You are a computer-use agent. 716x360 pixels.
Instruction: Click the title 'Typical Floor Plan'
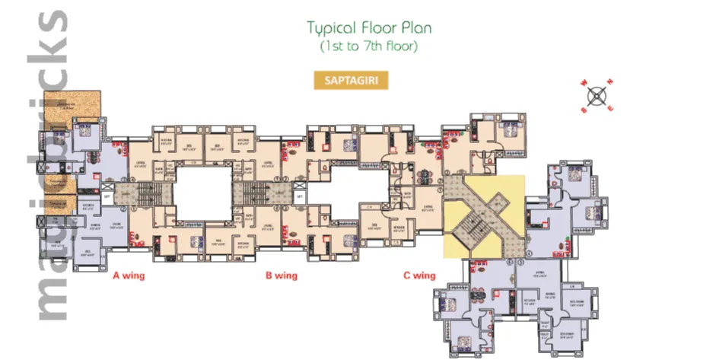(x=369, y=29)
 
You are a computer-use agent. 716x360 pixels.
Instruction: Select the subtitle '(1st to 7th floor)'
(x=369, y=46)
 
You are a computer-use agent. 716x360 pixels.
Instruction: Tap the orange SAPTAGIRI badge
(x=351, y=80)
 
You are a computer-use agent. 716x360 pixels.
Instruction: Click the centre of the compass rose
(x=598, y=96)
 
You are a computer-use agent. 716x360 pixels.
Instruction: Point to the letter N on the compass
(x=610, y=83)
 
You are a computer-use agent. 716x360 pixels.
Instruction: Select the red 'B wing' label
(x=281, y=275)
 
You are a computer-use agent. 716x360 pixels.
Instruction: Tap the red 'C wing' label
(x=418, y=275)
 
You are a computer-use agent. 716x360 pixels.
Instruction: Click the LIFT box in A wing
(x=107, y=196)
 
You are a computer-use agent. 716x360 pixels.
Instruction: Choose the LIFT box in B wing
(x=299, y=196)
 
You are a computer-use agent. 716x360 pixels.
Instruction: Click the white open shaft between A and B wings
(x=202, y=194)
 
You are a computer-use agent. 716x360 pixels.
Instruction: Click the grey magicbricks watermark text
(x=49, y=167)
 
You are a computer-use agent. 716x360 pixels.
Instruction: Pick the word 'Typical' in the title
(x=332, y=29)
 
